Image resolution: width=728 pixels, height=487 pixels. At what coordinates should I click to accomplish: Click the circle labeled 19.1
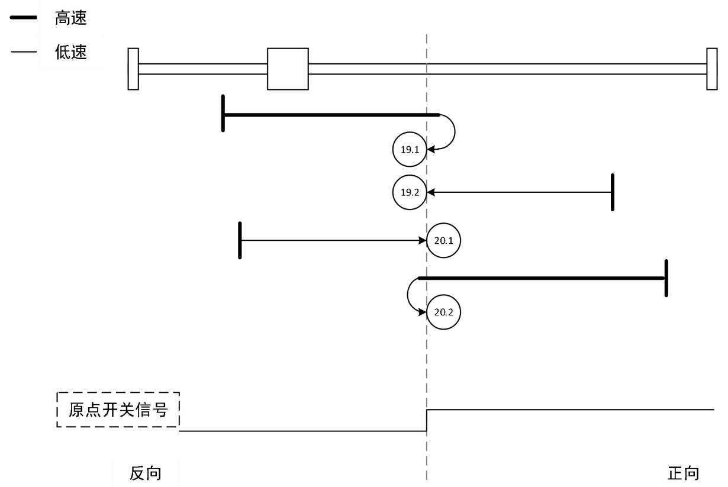[x=410, y=150]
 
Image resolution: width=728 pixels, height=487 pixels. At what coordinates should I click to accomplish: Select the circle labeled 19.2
[x=410, y=192]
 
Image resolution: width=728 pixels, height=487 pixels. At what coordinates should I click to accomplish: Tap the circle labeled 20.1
[x=443, y=241]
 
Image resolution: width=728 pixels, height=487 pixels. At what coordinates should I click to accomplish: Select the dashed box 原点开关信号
[x=118, y=409]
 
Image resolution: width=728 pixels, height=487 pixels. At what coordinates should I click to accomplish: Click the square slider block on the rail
[x=288, y=69]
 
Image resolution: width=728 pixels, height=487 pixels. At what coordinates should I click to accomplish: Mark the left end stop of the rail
[x=133, y=69]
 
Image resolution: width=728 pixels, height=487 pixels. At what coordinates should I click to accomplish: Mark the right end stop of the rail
[x=711, y=69]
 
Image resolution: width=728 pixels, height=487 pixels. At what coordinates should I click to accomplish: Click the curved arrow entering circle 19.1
[x=452, y=131]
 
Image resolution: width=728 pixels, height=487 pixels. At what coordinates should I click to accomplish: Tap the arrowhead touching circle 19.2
[x=431, y=192]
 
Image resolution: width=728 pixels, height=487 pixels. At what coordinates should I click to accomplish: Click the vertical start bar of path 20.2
[x=666, y=278]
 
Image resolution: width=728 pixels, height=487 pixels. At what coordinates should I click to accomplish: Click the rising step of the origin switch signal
[x=427, y=420]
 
